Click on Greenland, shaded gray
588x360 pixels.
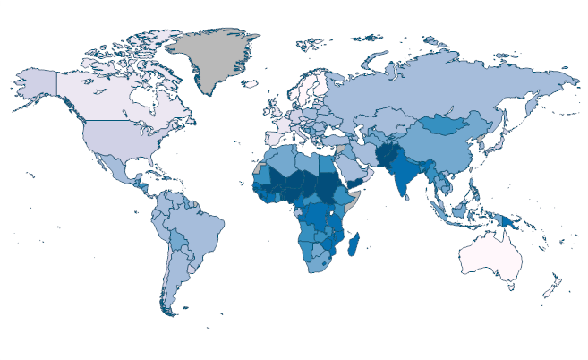215,58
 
